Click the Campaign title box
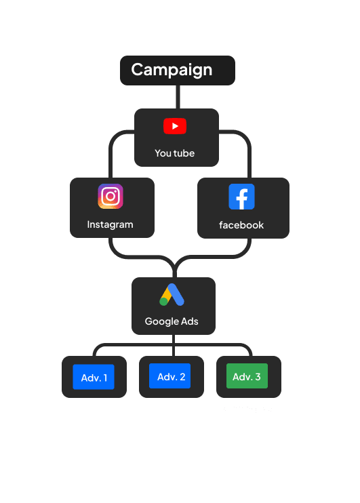point(178,71)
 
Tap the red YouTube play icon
point(175,126)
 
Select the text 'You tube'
point(174,153)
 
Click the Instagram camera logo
point(111,197)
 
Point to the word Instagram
point(110,224)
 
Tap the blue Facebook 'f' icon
point(241,197)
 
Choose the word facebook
point(241,225)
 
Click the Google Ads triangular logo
point(172,294)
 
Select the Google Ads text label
point(172,321)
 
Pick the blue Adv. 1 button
point(94,377)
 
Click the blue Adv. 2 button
point(169,376)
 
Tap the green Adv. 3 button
point(247,376)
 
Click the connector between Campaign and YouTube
point(178,97)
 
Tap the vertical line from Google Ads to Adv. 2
point(174,345)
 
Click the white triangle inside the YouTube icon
point(175,126)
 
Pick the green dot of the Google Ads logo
point(163,302)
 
